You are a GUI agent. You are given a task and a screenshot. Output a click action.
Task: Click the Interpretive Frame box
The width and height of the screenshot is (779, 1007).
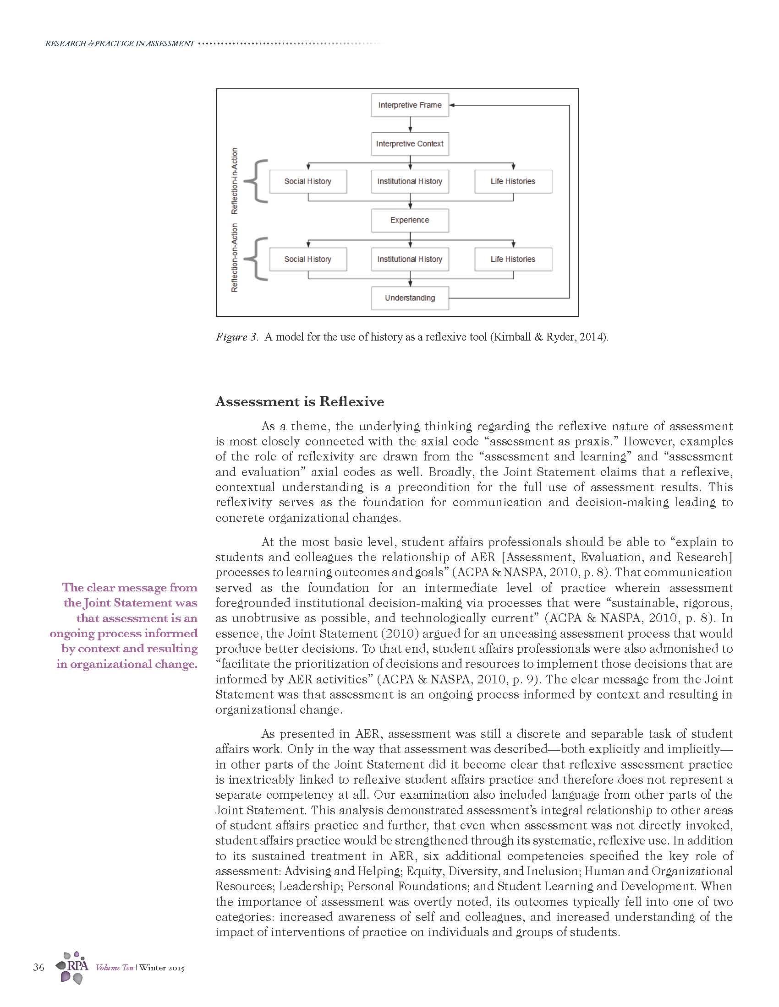point(410,105)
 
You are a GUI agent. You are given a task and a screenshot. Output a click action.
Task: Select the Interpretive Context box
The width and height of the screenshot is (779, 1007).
point(410,144)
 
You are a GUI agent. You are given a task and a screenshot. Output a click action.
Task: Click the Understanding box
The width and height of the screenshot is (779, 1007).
point(410,298)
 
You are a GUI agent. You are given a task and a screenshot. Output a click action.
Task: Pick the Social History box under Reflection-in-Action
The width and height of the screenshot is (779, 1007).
point(308,182)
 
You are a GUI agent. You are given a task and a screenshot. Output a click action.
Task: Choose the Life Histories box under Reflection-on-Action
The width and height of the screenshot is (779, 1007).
point(513,259)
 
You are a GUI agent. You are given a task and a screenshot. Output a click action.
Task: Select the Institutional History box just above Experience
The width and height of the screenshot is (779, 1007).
point(410,182)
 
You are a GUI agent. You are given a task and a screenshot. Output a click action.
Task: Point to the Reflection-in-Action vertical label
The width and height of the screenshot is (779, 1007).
point(235,181)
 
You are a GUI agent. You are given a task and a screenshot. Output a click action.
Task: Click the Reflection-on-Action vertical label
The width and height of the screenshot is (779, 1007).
point(235,258)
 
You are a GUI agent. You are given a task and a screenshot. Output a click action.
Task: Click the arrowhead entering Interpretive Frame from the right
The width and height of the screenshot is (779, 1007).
point(452,105)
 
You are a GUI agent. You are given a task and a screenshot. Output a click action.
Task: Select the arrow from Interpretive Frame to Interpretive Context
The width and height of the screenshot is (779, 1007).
point(410,125)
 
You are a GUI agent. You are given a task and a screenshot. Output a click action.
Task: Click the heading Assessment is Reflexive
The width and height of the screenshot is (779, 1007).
point(300,401)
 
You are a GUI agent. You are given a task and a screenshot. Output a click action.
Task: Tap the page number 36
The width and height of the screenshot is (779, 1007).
point(39,967)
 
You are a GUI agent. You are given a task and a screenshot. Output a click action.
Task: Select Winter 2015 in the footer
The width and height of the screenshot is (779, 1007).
point(161,967)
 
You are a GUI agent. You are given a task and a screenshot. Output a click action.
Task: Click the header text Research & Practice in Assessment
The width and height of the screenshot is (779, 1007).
point(120,43)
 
